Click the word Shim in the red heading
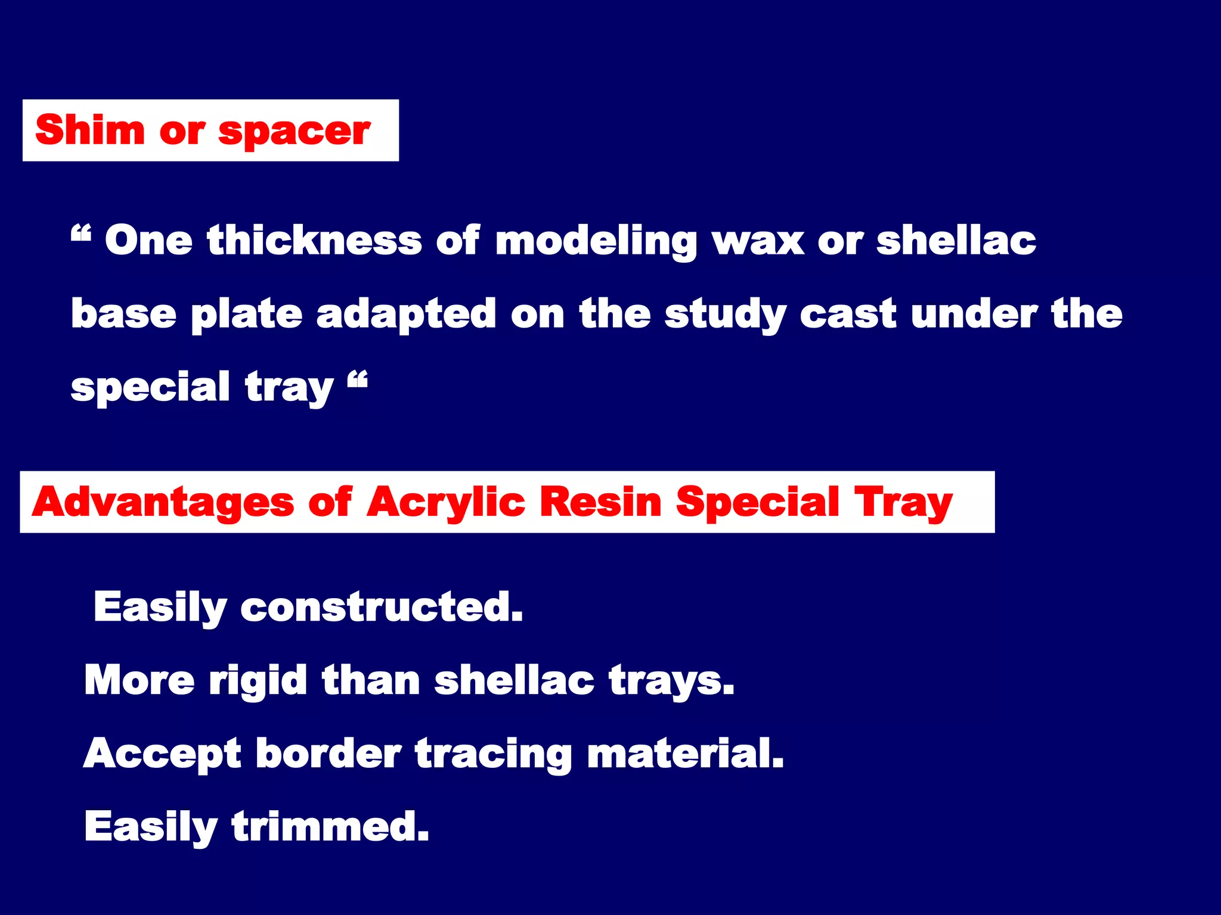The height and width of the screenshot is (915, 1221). tap(89, 130)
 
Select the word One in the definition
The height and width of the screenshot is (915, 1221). tap(148, 241)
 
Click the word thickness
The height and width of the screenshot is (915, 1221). tap(314, 241)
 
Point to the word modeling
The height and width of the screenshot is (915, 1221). tap(596, 242)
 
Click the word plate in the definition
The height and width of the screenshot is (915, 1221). tap(246, 314)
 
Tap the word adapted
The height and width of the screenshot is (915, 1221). tap(405, 315)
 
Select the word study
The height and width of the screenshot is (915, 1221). tap(725, 315)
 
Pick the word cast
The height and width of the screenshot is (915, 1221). tap(848, 314)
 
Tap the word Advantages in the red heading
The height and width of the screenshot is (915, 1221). tap(163, 502)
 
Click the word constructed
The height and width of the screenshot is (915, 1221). tap(382, 608)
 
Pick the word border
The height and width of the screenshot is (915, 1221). tap(329, 754)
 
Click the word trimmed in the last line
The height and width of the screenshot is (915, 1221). tap(330, 826)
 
